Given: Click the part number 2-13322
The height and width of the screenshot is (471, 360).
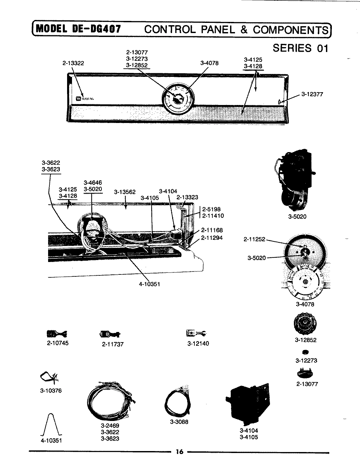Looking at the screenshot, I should click(73, 63).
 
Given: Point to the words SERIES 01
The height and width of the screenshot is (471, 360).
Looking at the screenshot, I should click(300, 48).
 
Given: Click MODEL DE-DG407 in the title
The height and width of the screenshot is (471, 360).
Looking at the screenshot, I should click(78, 29).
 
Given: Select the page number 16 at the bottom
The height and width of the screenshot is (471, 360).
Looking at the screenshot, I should click(179, 452).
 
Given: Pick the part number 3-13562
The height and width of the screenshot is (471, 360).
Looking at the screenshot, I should click(125, 192).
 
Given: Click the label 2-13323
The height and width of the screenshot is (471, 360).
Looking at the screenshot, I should click(187, 197).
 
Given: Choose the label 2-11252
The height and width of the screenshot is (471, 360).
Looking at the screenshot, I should click(254, 240).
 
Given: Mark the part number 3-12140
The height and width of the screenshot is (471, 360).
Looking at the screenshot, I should click(198, 343).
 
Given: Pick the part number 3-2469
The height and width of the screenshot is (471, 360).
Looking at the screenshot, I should click(110, 426).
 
